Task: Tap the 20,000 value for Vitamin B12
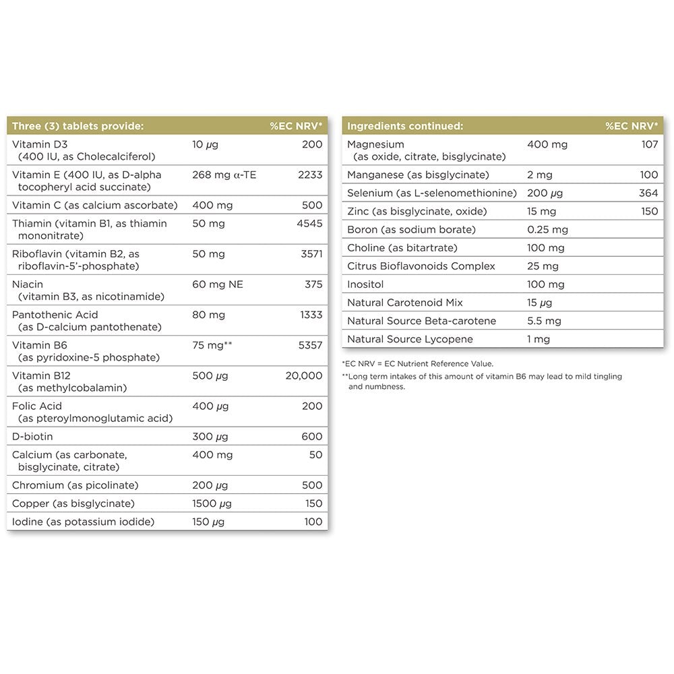point(303,375)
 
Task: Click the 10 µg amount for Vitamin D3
point(205,144)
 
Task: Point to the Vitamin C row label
point(95,205)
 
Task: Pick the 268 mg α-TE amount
point(224,175)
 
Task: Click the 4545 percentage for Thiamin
point(309,223)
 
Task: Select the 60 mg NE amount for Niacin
point(217,284)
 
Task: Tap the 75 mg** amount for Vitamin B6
point(213,345)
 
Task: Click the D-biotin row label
point(33,436)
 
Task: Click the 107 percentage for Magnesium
point(650,144)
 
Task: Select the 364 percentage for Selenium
point(648,193)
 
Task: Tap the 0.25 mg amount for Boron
point(547,230)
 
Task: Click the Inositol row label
point(366,284)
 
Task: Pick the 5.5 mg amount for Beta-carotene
point(544,321)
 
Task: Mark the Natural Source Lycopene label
point(410,339)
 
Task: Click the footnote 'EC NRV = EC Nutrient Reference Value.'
point(418,364)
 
